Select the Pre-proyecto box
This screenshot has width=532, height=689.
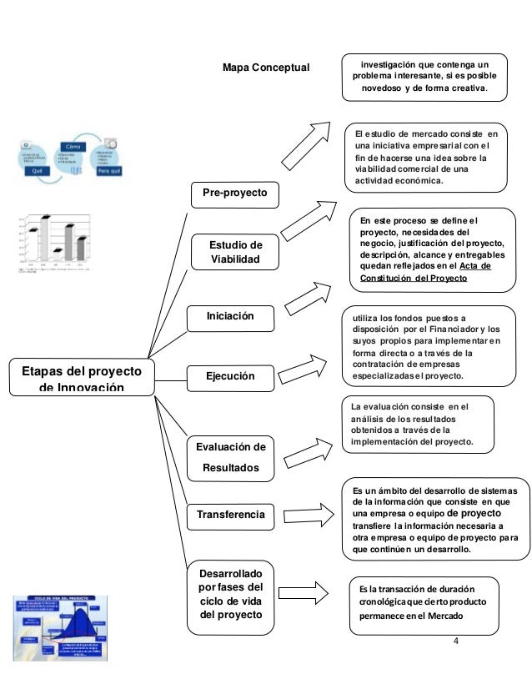point(236,194)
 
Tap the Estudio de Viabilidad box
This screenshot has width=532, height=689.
point(234,253)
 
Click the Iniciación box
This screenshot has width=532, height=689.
point(230,316)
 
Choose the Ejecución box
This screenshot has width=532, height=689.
point(230,376)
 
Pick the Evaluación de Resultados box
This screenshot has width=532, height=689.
point(230,457)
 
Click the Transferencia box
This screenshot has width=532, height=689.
point(230,515)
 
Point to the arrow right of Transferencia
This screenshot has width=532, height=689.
point(309,508)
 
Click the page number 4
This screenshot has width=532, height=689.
point(455,640)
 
